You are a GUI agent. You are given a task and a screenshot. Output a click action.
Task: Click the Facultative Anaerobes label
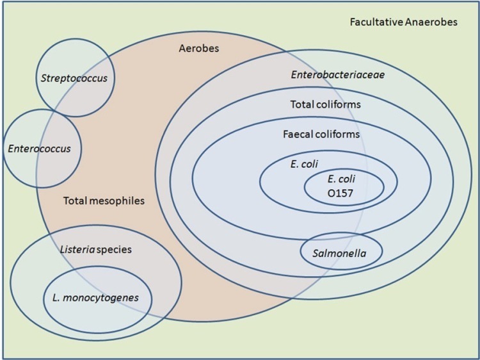pyautogui.click(x=404, y=22)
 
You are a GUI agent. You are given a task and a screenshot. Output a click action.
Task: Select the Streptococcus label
pyautogui.click(x=74, y=79)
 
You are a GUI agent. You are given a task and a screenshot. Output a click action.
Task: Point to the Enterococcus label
pyautogui.click(x=40, y=149)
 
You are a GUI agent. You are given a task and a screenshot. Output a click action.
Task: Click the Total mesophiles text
pyautogui.click(x=104, y=200)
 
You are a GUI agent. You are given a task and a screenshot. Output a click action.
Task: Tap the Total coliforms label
pyautogui.click(x=325, y=104)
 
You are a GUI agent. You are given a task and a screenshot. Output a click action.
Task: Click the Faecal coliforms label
pyautogui.click(x=321, y=135)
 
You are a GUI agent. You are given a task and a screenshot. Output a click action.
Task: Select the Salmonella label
pyautogui.click(x=339, y=253)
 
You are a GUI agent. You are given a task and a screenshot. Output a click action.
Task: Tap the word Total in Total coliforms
pyautogui.click(x=303, y=104)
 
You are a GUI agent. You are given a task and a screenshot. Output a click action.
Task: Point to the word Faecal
pyautogui.click(x=298, y=135)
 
